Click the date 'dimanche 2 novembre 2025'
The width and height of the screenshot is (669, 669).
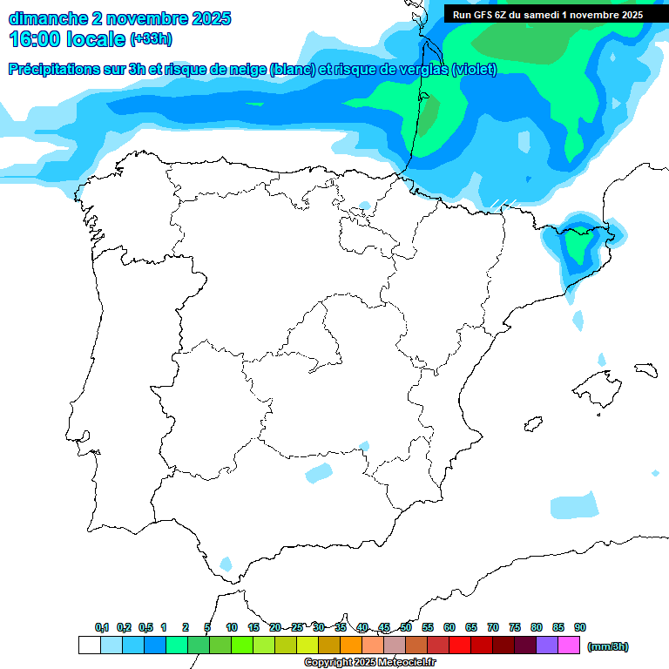click(119, 18)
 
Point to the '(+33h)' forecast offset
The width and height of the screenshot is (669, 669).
click(152, 39)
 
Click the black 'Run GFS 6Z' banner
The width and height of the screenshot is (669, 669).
click(548, 14)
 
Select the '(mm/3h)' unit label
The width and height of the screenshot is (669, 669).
click(608, 646)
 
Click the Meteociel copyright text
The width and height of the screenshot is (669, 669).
click(369, 663)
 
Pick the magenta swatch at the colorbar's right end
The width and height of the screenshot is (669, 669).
click(569, 645)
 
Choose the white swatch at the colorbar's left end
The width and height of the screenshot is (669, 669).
click(89, 645)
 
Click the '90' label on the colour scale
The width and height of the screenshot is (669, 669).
click(580, 627)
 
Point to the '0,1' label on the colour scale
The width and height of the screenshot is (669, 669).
click(101, 627)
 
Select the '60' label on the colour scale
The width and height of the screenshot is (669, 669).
click(449, 627)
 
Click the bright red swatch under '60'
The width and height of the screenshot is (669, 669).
click(459, 645)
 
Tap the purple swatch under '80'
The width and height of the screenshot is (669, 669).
click(546, 645)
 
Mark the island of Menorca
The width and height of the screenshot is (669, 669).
click(645, 370)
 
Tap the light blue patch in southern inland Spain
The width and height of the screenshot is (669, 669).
click(319, 473)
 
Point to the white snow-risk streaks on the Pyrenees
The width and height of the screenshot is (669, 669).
click(503, 204)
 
